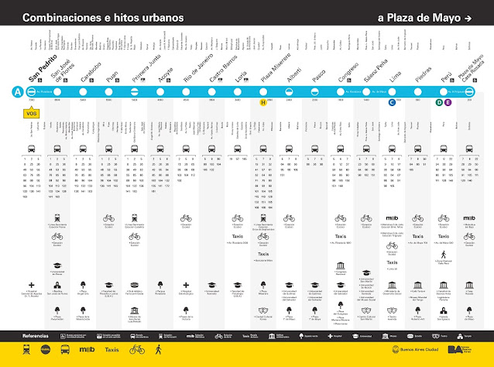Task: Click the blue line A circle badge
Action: pos(17,91)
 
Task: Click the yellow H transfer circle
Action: pos(263,102)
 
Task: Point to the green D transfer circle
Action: pos(439,102)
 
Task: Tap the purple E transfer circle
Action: pos(448,102)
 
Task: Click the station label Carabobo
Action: pos(87,71)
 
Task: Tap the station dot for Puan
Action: pos(109,91)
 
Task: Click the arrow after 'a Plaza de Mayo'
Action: pos(467,17)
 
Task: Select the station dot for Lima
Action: pos(393,91)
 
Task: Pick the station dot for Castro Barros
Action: pos(212,91)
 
